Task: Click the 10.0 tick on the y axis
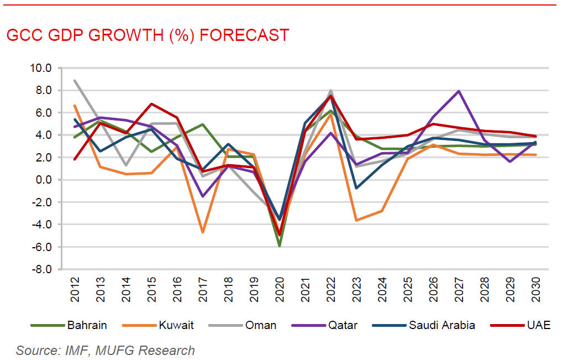tap(40, 68)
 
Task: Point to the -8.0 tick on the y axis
tap(41, 269)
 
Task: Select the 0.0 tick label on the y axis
tap(43, 180)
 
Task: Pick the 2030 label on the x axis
tap(535, 289)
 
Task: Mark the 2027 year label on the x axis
tap(459, 289)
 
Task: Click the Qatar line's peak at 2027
tap(459, 91)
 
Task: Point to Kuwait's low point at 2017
tap(203, 232)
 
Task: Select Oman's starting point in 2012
tap(75, 81)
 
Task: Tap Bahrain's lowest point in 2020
tap(280, 246)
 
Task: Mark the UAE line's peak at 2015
tap(152, 104)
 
